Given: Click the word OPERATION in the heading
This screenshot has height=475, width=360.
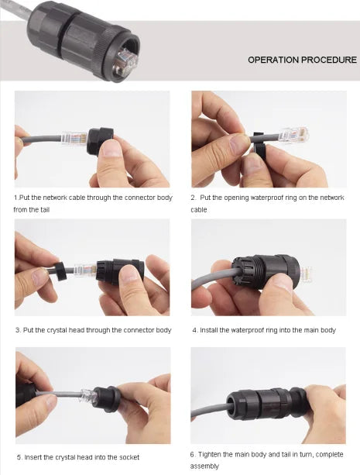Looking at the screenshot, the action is [x=273, y=60].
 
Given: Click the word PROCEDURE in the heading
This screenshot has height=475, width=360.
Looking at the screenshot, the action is [x=329, y=60].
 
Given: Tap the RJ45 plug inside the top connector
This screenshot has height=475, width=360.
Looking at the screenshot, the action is [x=126, y=62].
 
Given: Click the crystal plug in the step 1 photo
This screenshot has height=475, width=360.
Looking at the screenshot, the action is [x=74, y=139].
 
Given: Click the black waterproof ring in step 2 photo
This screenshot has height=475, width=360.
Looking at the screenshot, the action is [x=258, y=145].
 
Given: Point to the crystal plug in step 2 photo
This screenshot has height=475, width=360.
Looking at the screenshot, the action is [x=293, y=135].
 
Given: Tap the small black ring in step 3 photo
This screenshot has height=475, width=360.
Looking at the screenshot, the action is [x=60, y=271].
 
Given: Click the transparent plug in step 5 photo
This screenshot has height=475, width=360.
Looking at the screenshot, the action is [x=88, y=395].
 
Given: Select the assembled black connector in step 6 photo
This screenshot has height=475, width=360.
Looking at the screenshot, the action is [x=266, y=404].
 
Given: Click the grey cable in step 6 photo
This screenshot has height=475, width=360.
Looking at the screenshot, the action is [x=210, y=412].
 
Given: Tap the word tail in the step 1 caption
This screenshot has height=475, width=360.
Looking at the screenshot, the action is [x=43, y=210].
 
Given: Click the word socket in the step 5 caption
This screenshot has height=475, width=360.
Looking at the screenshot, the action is [x=128, y=457].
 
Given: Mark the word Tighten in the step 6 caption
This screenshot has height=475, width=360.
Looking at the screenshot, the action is [x=210, y=454].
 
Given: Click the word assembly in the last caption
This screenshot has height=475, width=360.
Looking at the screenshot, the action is [x=204, y=466].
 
